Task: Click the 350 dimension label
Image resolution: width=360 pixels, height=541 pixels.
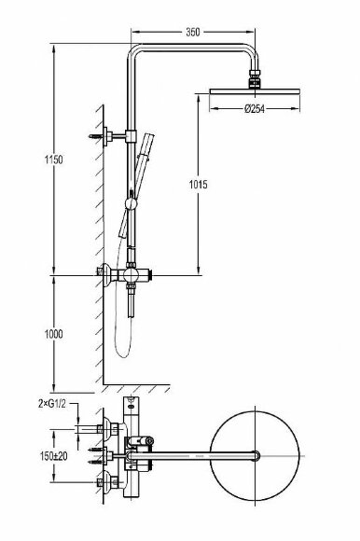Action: coord(192,32)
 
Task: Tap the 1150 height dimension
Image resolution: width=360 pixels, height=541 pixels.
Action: coord(54,160)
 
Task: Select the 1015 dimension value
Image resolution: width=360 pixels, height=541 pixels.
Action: coord(199,185)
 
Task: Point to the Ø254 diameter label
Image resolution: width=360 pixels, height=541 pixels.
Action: coord(255,109)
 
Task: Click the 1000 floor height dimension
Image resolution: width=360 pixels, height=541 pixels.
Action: coord(54,334)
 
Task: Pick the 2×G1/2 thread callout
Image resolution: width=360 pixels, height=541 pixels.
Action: coord(51,404)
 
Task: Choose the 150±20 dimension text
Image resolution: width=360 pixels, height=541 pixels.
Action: coord(53,456)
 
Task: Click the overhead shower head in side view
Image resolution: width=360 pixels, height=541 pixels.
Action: coord(255,91)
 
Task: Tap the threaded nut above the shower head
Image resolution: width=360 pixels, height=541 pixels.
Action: coord(255,78)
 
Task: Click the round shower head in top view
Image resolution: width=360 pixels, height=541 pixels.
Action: coord(255,456)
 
